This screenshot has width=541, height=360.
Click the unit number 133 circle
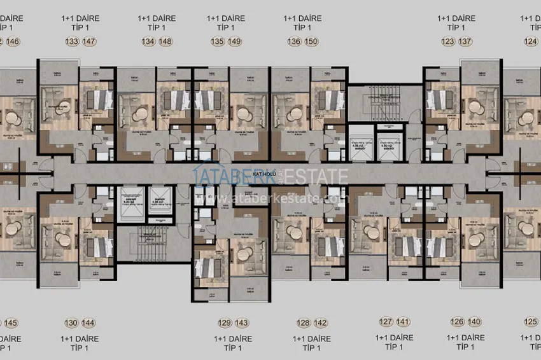[x=73, y=42]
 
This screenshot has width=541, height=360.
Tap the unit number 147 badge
[x=90, y=42]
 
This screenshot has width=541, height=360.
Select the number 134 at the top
[x=148, y=42]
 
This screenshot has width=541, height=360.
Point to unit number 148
[x=165, y=42]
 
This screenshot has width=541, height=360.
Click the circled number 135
[x=218, y=42]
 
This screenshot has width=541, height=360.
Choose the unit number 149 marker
[x=235, y=42]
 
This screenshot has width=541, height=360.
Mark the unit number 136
[x=294, y=42]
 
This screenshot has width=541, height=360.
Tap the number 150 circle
[x=311, y=42]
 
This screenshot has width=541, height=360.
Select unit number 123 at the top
[x=448, y=42]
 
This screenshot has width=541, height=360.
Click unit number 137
[x=465, y=42]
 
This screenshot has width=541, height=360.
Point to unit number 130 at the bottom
[x=72, y=322]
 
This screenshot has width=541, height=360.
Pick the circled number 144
[x=89, y=322]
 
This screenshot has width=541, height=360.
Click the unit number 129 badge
[x=225, y=322]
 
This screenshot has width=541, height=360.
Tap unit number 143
[x=242, y=322]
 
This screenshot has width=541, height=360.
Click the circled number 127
[x=386, y=322]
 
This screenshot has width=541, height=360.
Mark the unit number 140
[x=475, y=322]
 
